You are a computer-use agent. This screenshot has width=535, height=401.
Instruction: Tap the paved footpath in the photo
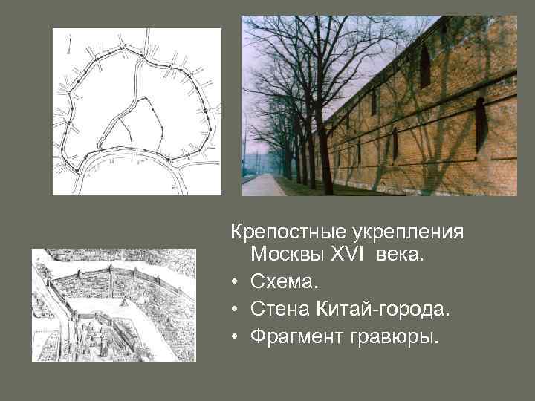(x=262, y=185)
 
